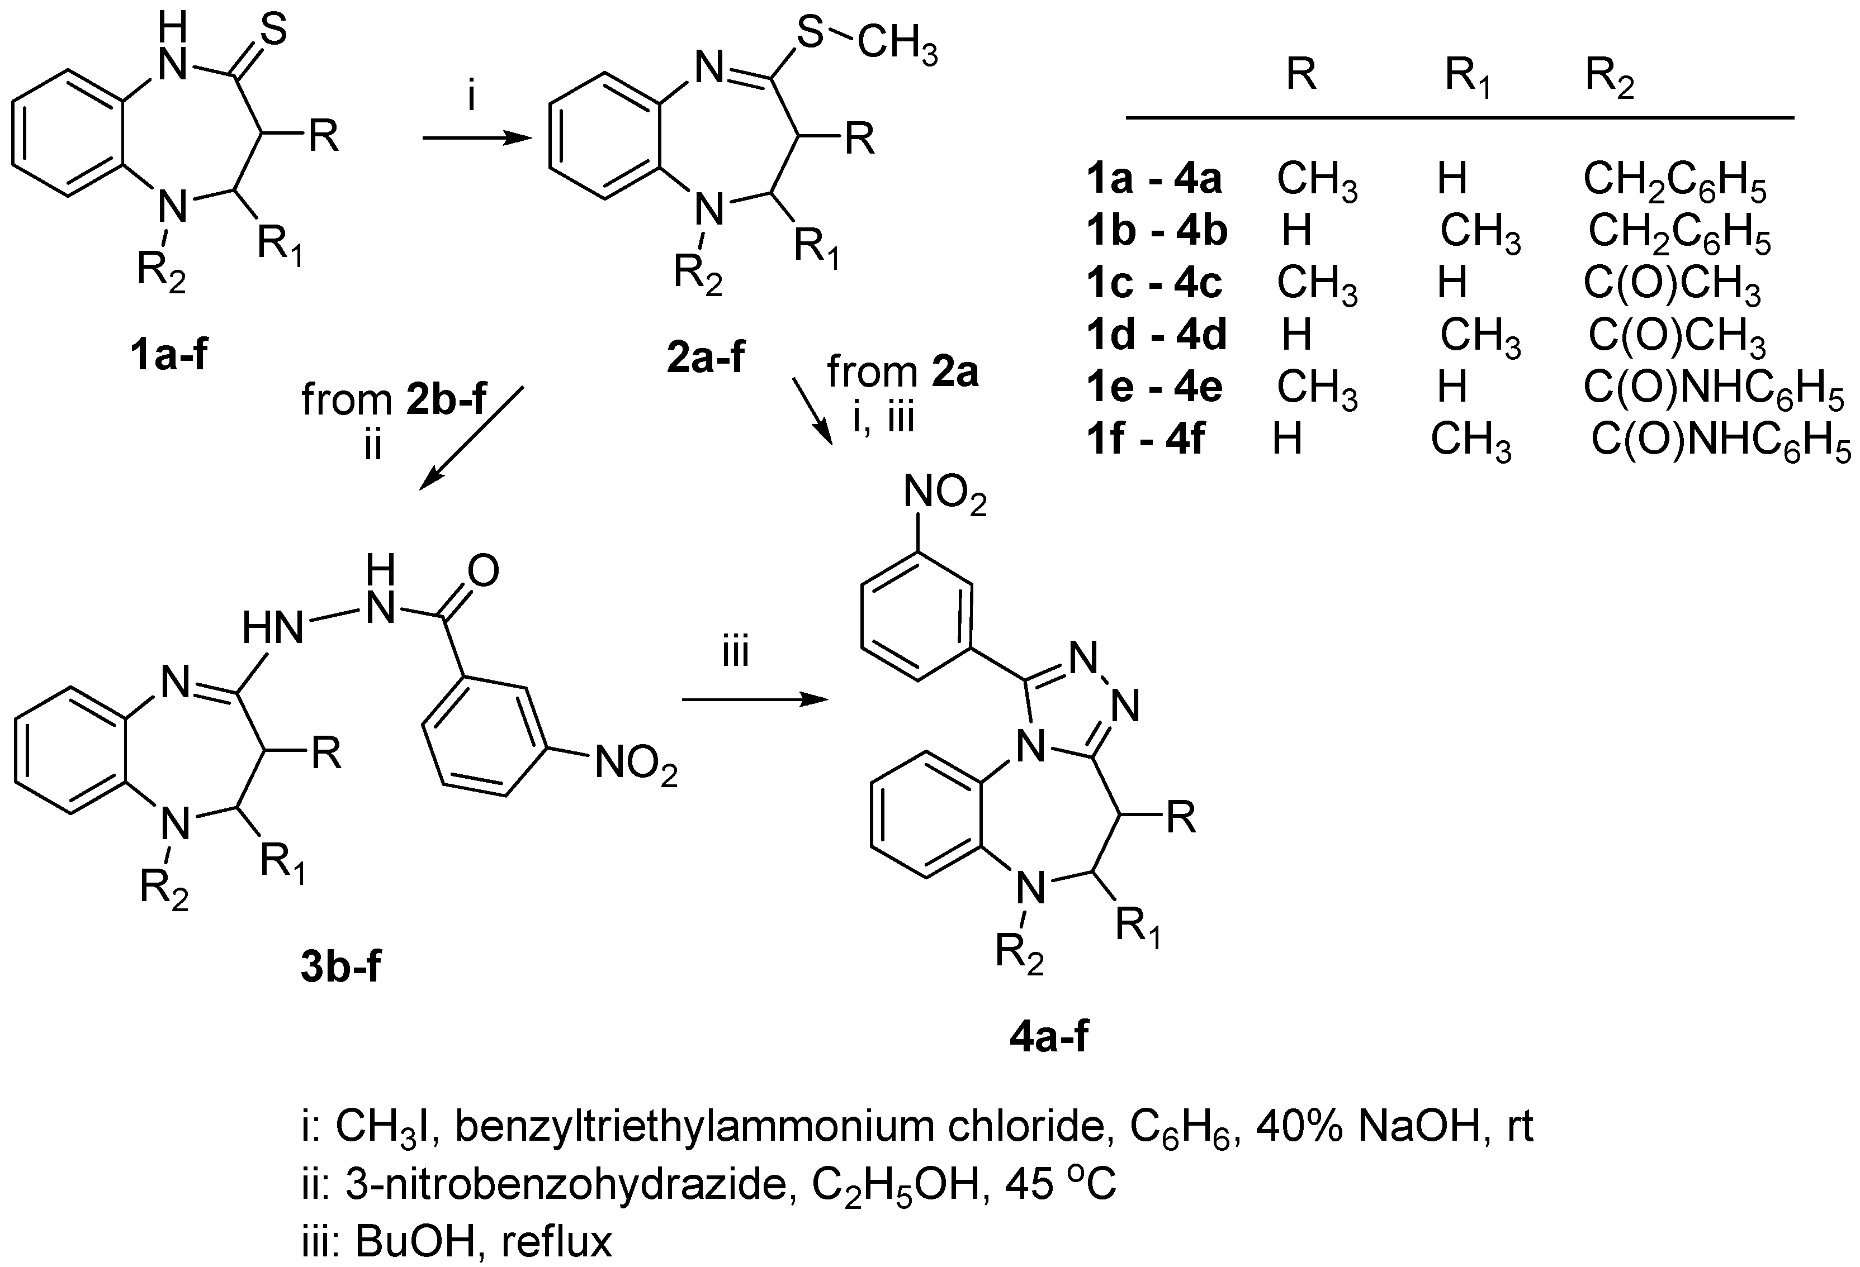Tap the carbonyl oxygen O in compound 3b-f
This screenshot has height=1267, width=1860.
[482, 571]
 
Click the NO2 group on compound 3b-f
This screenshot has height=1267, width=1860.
[636, 764]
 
